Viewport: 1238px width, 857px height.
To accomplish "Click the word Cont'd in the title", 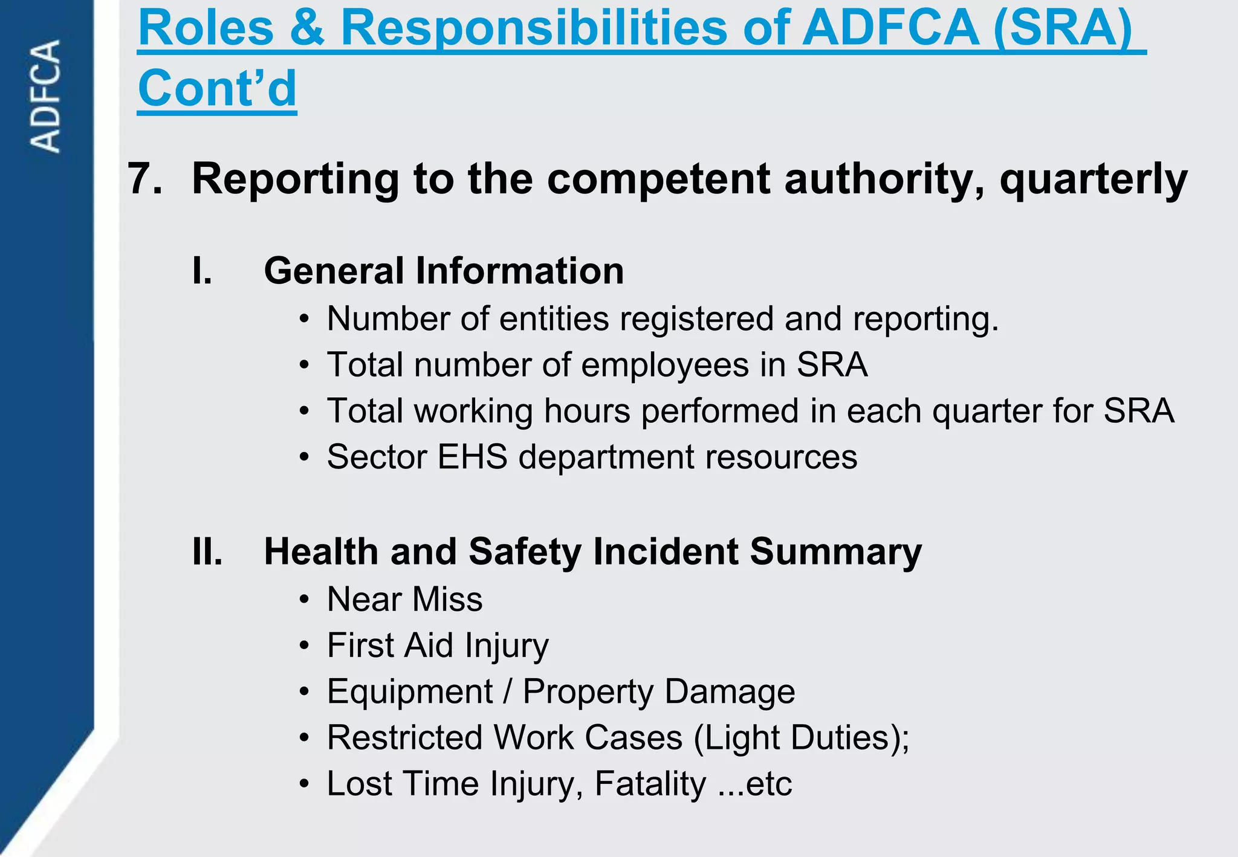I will click(x=217, y=88).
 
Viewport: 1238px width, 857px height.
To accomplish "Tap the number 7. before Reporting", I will click(x=145, y=179).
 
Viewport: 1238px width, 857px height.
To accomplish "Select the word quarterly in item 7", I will click(x=1094, y=179).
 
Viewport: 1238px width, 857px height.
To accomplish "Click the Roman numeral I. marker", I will click(x=202, y=271).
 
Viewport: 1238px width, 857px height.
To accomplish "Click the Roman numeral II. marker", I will click(x=207, y=552).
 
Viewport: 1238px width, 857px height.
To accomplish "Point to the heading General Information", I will click(x=444, y=271).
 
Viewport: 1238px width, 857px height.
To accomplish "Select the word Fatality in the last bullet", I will click(x=650, y=783).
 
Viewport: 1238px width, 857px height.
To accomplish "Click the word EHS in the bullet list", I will click(x=472, y=457).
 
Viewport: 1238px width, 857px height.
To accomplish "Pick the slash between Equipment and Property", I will click(x=508, y=691).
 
